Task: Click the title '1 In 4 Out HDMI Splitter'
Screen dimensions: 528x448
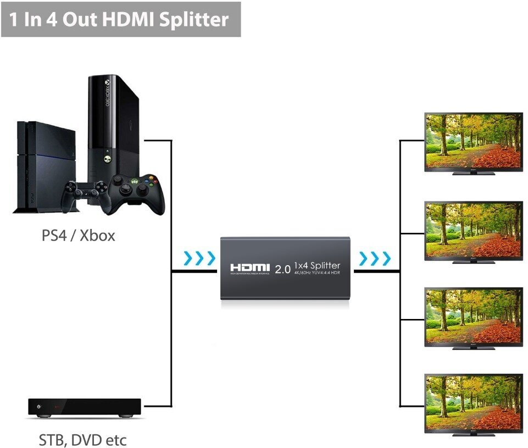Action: (x=119, y=19)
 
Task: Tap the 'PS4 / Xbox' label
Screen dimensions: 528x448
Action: (x=79, y=236)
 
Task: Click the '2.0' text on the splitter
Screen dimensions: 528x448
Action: (x=282, y=269)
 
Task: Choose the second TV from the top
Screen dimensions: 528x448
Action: (x=473, y=230)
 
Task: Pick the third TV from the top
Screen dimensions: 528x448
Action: (x=473, y=315)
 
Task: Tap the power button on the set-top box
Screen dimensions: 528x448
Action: (x=38, y=407)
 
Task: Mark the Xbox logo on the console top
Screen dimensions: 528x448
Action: (x=108, y=86)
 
